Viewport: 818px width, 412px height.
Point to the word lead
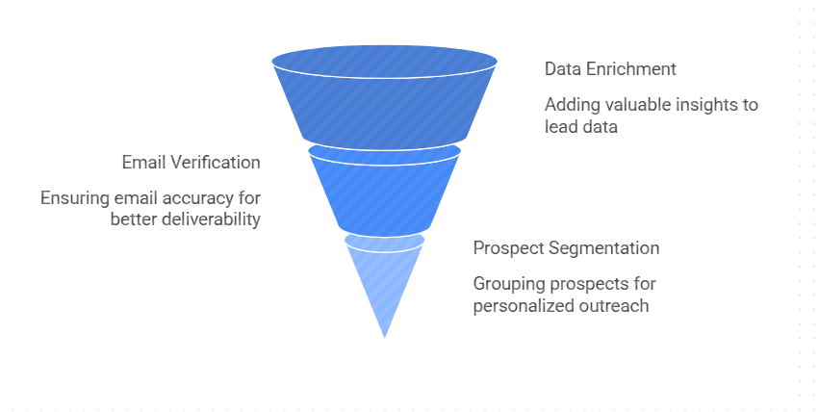coord(561,127)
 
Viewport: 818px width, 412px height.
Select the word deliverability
coord(212,219)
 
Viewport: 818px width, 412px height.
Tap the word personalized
coord(517,305)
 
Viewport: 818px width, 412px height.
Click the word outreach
coord(607,305)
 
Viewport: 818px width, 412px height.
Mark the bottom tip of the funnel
coord(385,338)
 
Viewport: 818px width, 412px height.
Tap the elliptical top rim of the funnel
coord(385,62)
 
